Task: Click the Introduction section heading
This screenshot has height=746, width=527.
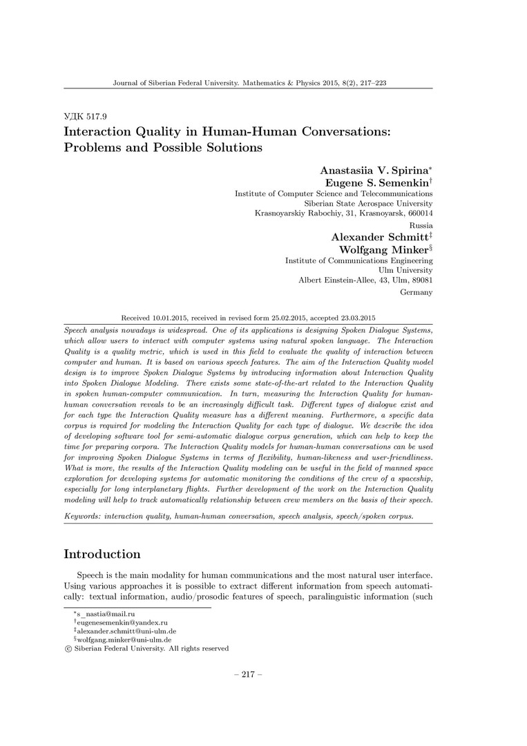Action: pyautogui.click(x=102, y=554)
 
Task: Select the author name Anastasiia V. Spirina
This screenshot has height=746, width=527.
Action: pyautogui.click(x=374, y=171)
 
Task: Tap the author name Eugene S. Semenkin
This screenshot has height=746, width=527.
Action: pyautogui.click(x=378, y=183)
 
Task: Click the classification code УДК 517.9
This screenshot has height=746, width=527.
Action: pyautogui.click(x=85, y=116)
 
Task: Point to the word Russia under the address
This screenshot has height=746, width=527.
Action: pyautogui.click(x=421, y=225)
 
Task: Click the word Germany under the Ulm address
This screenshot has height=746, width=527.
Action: pyautogui.click(x=416, y=292)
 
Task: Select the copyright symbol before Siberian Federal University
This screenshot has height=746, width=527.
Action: pyautogui.click(x=67, y=649)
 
